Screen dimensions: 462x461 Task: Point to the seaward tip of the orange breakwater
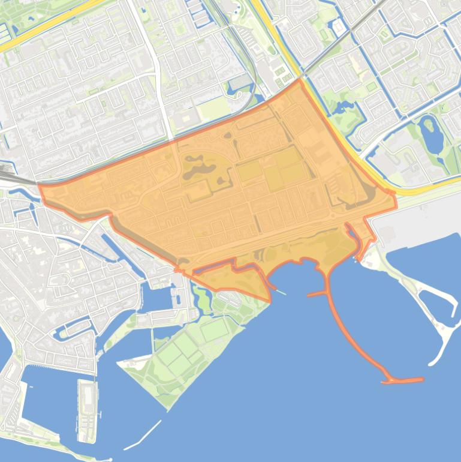click(x=420, y=379)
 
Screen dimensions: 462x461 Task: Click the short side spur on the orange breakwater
click(x=316, y=294)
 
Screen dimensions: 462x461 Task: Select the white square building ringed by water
click(x=339, y=26)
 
